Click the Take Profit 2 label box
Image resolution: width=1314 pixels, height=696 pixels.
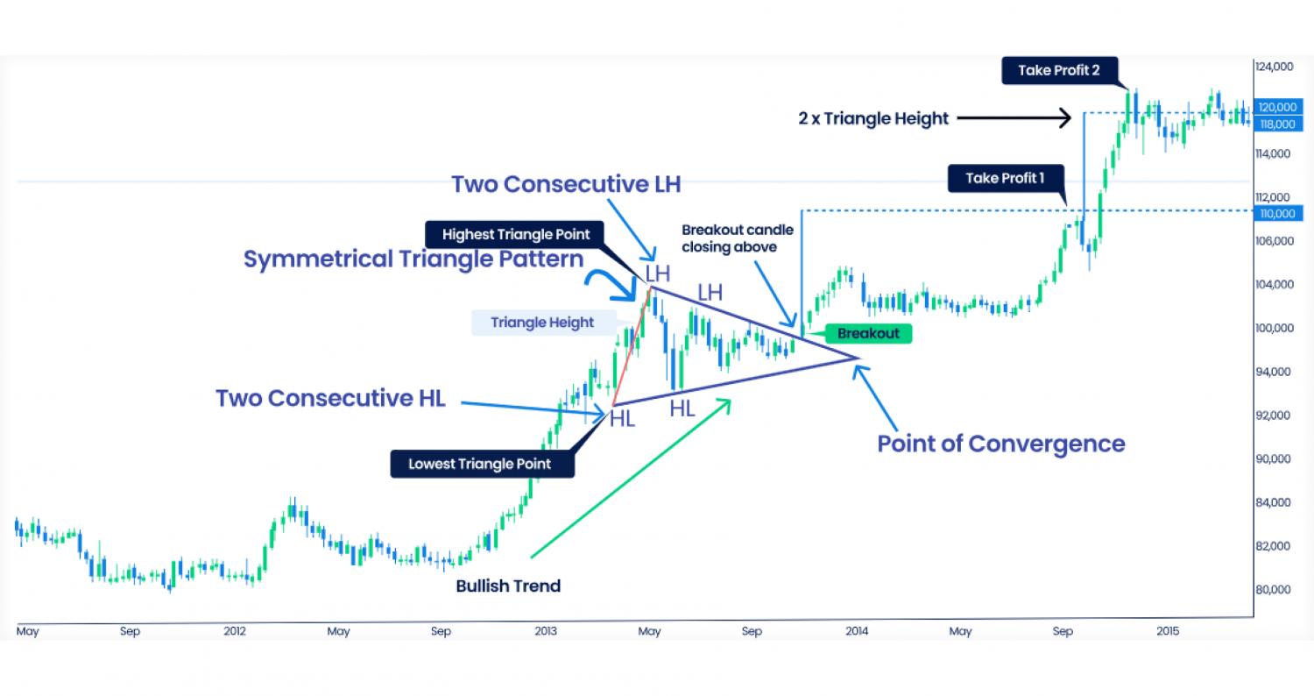pyautogui.click(x=1058, y=71)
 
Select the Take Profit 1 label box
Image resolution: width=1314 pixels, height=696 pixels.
pyautogui.click(x=1006, y=179)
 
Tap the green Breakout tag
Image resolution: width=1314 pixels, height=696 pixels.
pyautogui.click(x=867, y=334)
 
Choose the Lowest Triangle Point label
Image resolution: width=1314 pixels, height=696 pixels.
pyautogui.click(x=482, y=464)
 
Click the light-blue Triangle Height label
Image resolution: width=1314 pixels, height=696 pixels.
pyautogui.click(x=541, y=323)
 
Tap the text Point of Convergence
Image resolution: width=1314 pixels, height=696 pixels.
pyautogui.click(x=1000, y=444)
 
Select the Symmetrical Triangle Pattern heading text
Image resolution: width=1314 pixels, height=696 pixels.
pyautogui.click(x=413, y=259)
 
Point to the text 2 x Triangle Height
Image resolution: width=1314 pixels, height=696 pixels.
pyautogui.click(x=872, y=118)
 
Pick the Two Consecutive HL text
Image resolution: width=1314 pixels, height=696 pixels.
pyautogui.click(x=330, y=398)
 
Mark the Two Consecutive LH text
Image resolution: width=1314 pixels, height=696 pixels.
pyautogui.click(x=566, y=185)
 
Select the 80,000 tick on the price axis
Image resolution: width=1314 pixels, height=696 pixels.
pyautogui.click(x=1274, y=589)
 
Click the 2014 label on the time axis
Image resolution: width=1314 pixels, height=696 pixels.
pyautogui.click(x=856, y=631)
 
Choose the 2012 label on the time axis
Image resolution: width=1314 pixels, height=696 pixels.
pyautogui.click(x=234, y=631)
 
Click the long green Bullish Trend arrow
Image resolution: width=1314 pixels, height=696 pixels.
pyautogui.click(x=631, y=477)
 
